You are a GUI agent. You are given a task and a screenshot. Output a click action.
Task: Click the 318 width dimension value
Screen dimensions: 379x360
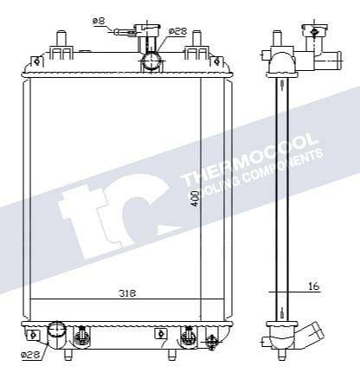[126, 293]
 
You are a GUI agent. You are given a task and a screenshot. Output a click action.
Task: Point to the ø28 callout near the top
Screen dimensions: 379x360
[177, 31]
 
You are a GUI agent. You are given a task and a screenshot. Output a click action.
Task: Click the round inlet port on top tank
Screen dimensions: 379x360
[152, 61]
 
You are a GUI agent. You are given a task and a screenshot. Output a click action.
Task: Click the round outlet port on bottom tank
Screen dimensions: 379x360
[56, 330]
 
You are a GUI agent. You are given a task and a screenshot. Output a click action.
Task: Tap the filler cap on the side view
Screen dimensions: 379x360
[313, 33]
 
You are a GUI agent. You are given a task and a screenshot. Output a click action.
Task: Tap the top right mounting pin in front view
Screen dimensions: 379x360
[196, 40]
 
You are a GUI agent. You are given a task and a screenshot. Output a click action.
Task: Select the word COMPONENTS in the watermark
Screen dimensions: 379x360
[286, 164]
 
